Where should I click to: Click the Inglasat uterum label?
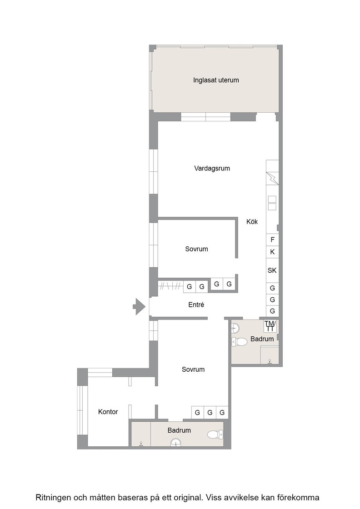pyautogui.click(x=216, y=80)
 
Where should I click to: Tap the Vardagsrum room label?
pyautogui.click(x=212, y=169)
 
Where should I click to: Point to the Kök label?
pyautogui.click(x=252, y=222)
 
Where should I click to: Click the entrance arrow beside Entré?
pyautogui.click(x=139, y=306)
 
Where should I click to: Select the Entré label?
pyautogui.click(x=196, y=305)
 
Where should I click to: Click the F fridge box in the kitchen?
pyautogui.click(x=272, y=240)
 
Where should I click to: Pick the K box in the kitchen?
pyautogui.click(x=272, y=252)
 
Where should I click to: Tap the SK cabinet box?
pyautogui.click(x=272, y=270)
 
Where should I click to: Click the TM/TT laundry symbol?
pyautogui.click(x=270, y=326)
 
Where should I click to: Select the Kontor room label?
pyautogui.click(x=108, y=412)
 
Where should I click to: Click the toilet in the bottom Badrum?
pyautogui.click(x=215, y=434)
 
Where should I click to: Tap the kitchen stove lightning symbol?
pyautogui.click(x=272, y=178)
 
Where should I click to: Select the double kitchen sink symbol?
pyautogui.click(x=272, y=203)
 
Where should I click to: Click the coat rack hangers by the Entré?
pyautogui.click(x=170, y=286)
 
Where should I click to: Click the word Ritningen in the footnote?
pyautogui.click(x=52, y=498)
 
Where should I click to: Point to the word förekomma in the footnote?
pyautogui.click(x=301, y=497)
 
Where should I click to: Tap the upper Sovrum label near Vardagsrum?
pyautogui.click(x=196, y=249)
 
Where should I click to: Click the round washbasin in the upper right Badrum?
pyautogui.click(x=235, y=328)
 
